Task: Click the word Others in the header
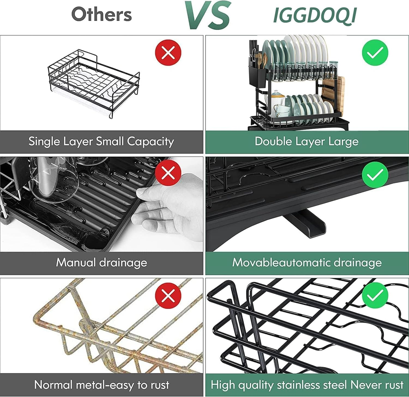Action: click(x=101, y=14)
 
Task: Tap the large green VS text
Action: click(x=208, y=15)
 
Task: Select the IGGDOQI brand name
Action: click(x=315, y=15)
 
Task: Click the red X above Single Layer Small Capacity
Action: click(x=168, y=53)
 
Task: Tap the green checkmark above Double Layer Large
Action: click(x=375, y=53)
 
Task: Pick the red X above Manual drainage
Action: click(x=168, y=173)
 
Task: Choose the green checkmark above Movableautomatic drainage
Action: click(x=375, y=175)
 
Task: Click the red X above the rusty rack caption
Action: click(x=168, y=295)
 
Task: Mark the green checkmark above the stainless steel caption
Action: click(x=375, y=295)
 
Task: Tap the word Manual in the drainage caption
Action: click(x=76, y=262)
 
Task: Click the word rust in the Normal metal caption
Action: click(x=160, y=385)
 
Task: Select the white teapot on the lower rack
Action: click(x=275, y=98)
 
